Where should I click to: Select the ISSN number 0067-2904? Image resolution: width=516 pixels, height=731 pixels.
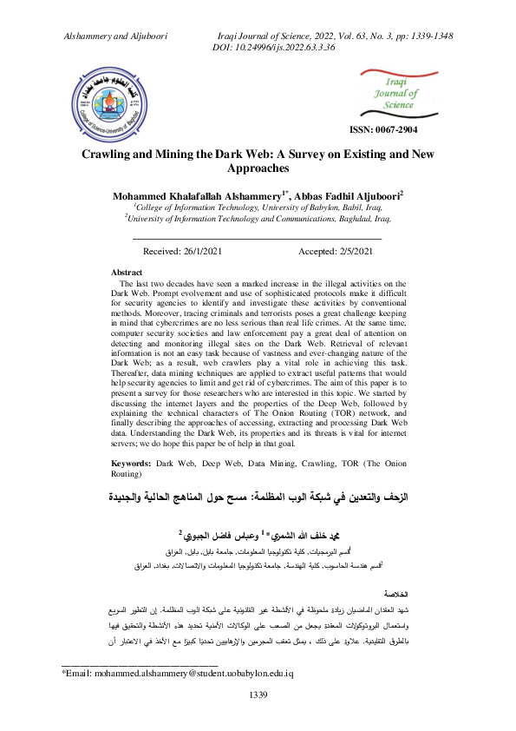[382, 128]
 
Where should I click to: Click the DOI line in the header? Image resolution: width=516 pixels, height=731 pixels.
[273, 47]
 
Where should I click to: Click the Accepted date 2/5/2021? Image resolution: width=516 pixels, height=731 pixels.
[336, 252]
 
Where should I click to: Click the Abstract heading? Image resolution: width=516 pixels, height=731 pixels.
[127, 272]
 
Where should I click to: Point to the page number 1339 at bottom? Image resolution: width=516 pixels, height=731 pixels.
[258, 719]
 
